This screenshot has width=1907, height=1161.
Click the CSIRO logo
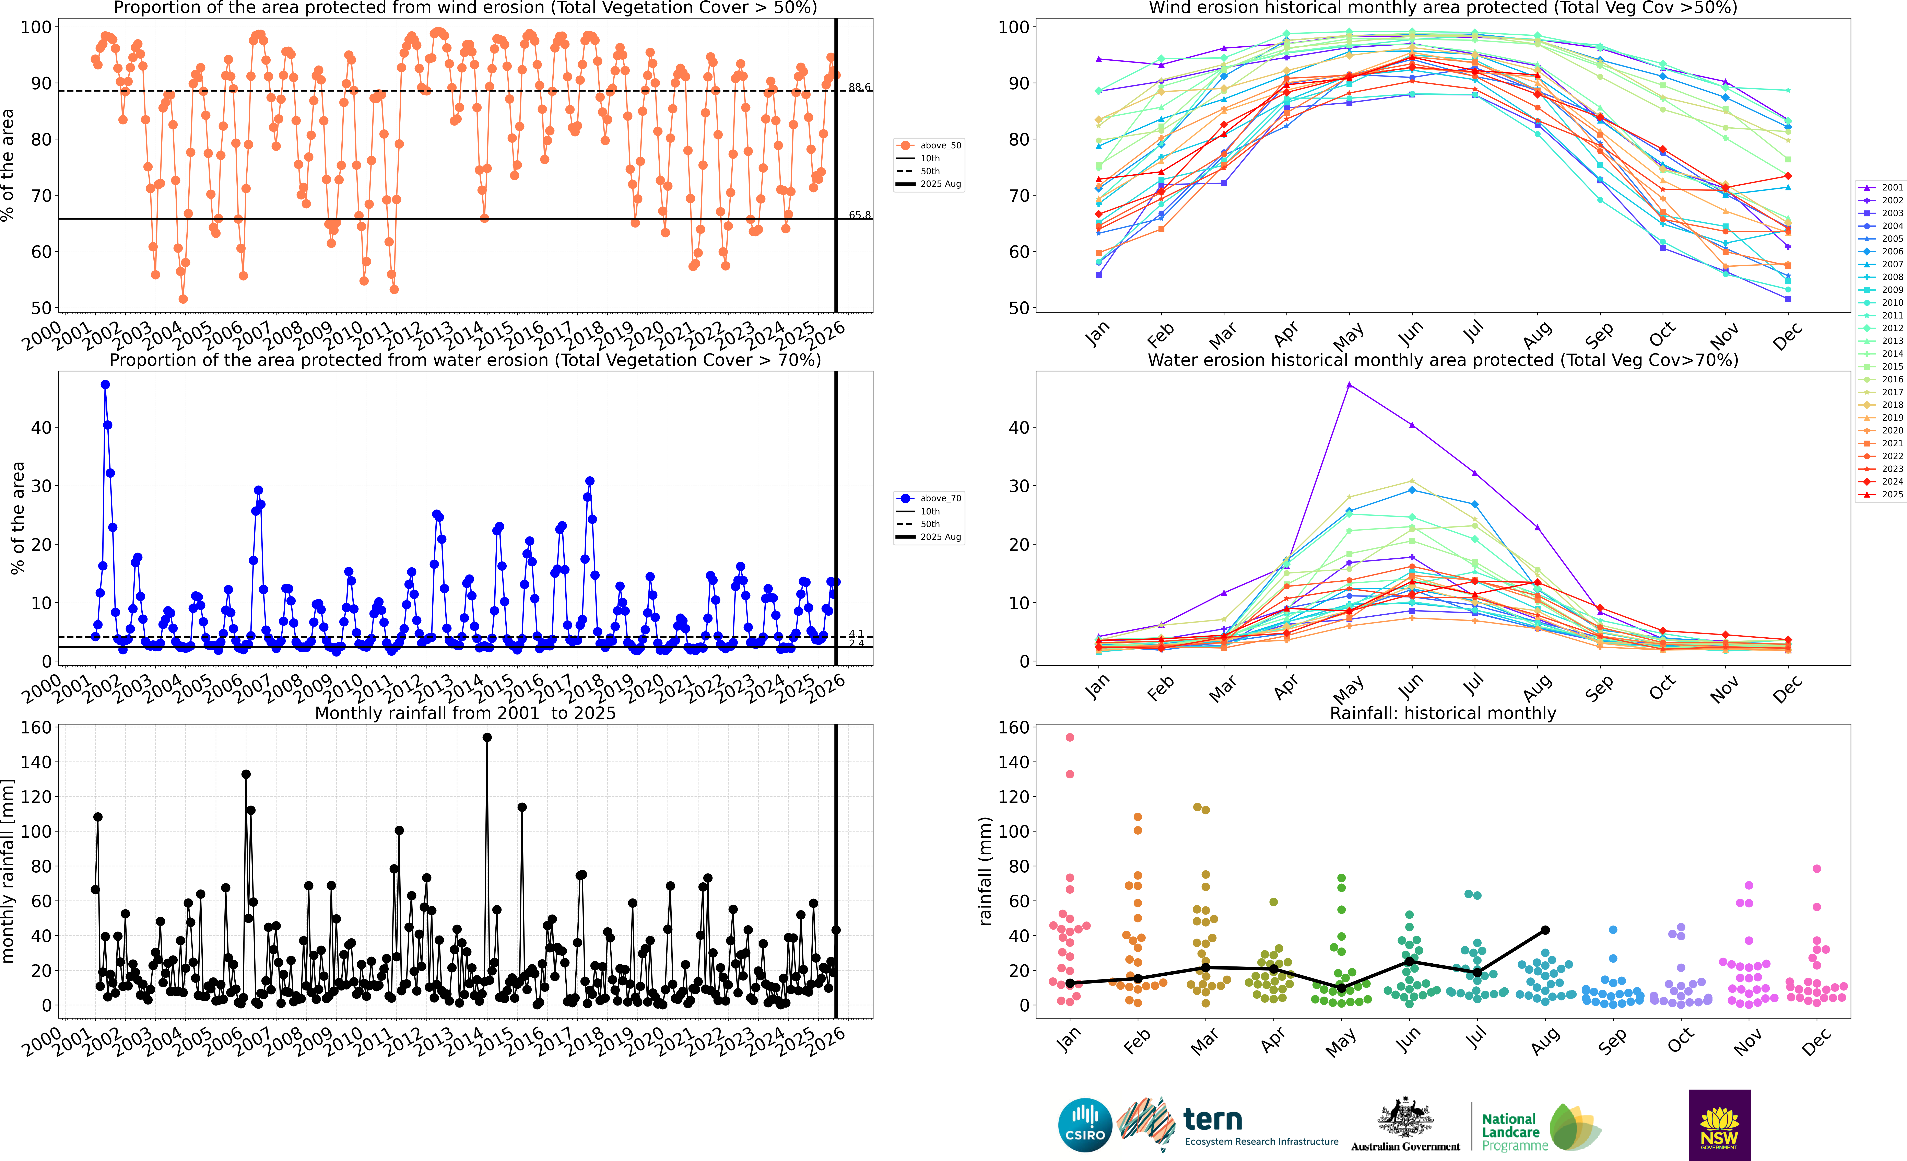[x=1085, y=1125]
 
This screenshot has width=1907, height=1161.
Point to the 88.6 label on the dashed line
[x=859, y=88]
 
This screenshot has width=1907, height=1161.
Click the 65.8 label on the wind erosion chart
[x=859, y=215]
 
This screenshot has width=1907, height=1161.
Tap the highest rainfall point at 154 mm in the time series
[x=487, y=738]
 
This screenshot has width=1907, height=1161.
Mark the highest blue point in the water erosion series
[x=105, y=385]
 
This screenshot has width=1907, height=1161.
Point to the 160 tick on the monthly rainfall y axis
[x=36, y=728]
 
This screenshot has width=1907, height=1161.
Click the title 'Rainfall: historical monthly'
[x=1443, y=713]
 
